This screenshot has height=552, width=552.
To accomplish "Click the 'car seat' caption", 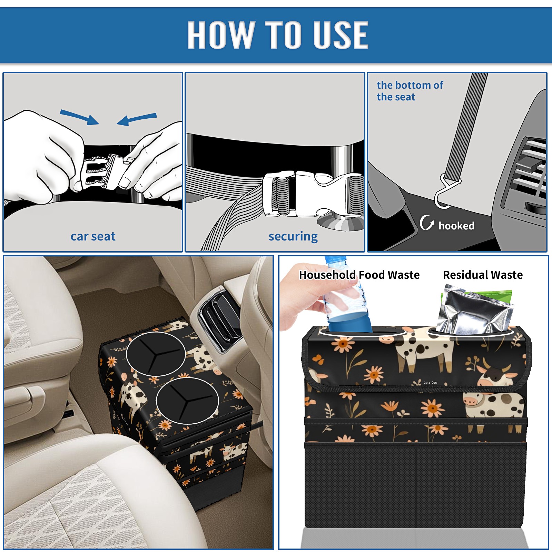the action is [93, 236].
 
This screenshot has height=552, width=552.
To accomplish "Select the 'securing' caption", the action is [293, 237].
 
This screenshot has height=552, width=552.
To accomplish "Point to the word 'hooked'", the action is [456, 226].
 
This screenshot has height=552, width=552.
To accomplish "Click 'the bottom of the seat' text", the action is [410, 91].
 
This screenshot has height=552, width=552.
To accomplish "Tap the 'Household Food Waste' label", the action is [359, 275].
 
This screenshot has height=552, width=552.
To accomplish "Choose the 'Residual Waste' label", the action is [483, 275].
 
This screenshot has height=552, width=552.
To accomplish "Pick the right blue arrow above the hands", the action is [137, 119].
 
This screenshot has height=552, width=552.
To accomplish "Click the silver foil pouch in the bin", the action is [474, 310].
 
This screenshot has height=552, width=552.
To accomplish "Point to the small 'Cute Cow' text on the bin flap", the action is [430, 383].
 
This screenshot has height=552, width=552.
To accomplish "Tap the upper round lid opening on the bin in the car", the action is [156, 354].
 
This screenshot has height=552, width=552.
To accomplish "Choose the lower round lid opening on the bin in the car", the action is [187, 400].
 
